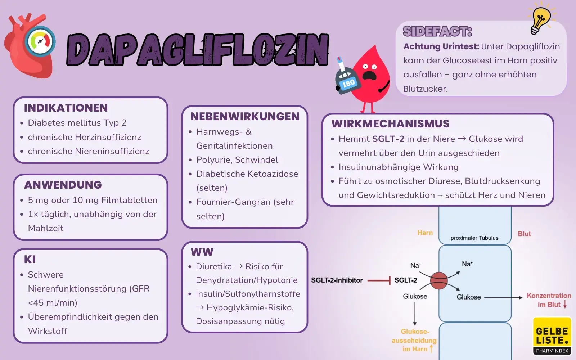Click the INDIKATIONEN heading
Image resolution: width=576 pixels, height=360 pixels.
tap(66, 108)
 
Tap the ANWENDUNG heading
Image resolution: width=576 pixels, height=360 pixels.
tap(63, 185)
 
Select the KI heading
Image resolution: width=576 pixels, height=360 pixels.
tap(30, 260)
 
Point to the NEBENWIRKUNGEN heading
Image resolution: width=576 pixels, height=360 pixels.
tap(245, 116)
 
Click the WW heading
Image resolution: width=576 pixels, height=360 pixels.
tap(202, 252)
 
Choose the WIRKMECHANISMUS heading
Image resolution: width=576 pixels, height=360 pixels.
tap(390, 123)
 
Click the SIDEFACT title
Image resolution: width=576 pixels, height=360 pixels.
tap(437, 31)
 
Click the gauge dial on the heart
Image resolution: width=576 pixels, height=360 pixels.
tap(40, 41)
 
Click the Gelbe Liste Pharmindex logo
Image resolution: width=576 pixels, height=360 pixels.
tap(552, 336)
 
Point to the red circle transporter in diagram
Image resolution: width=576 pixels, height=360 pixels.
tap(439, 280)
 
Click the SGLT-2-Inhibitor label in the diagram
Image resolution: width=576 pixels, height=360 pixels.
tap(337, 280)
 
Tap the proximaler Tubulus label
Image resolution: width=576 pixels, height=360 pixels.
tap(474, 238)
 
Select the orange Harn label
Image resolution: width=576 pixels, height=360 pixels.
tap(425, 233)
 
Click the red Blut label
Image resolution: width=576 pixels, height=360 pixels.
tap(524, 234)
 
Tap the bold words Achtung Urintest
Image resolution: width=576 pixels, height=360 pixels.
tap(441, 46)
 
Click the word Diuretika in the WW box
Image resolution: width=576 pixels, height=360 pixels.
tap(214, 266)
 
